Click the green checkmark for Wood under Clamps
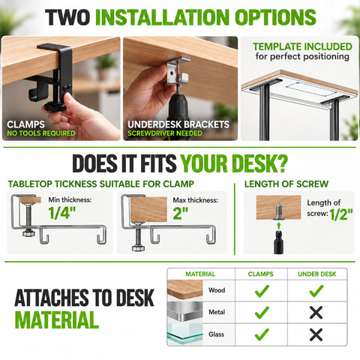(262, 291)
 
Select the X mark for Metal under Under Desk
(316, 313)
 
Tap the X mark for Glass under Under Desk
(316, 334)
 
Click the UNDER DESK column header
(317, 274)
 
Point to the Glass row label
(216, 334)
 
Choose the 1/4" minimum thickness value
(62, 213)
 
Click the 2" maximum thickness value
(181, 213)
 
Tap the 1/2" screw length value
(341, 214)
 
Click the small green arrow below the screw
(279, 226)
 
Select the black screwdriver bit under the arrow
(278, 242)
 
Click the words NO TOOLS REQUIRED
(41, 133)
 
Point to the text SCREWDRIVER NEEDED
(165, 133)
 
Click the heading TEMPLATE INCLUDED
(302, 46)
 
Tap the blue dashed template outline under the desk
(311, 89)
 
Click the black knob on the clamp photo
(55, 107)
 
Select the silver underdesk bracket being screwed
(177, 71)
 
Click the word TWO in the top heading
(67, 17)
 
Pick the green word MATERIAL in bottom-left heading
(57, 319)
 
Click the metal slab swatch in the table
(185, 312)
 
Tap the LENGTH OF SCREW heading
(286, 184)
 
